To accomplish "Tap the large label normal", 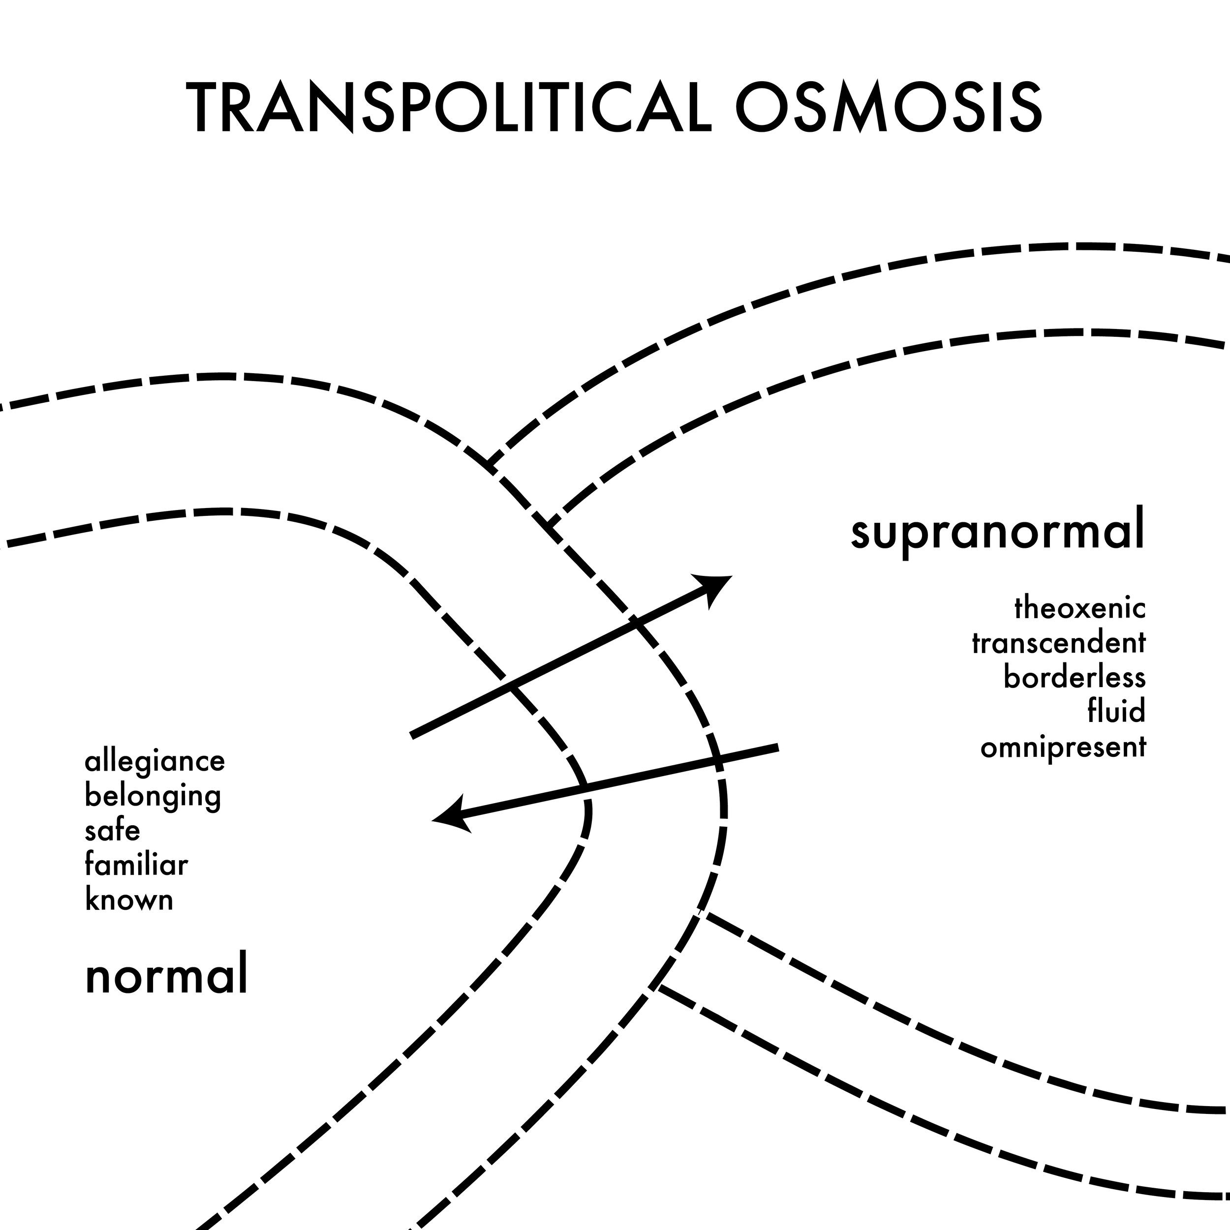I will (x=166, y=979).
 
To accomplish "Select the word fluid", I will (x=1116, y=711).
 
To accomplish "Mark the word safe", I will (x=112, y=831).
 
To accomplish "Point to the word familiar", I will (x=136, y=865).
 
